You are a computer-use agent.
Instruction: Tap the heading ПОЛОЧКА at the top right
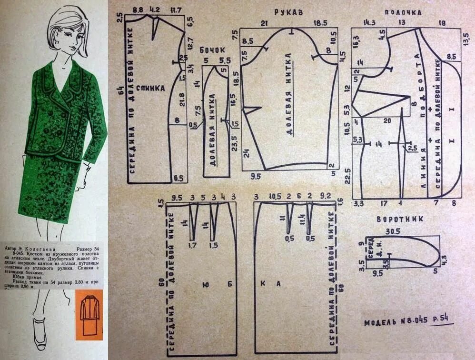(403, 13)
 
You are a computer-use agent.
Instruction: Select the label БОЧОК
(212, 50)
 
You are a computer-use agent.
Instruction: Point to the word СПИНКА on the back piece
(150, 88)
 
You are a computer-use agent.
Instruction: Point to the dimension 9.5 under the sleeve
(255, 176)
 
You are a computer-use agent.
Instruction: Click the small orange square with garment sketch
(89, 315)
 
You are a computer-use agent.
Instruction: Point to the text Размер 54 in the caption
(88, 249)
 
